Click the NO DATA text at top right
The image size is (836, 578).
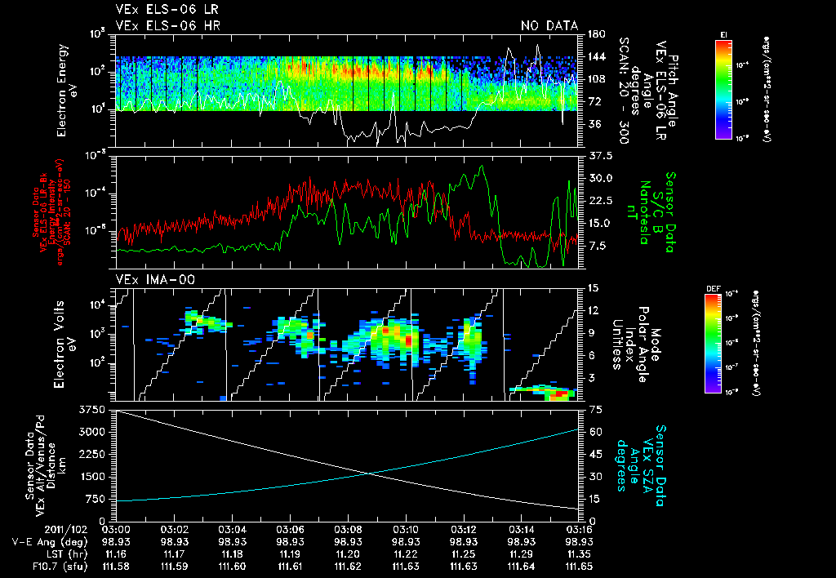tap(549, 26)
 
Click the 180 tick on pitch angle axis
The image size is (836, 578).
tap(595, 34)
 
